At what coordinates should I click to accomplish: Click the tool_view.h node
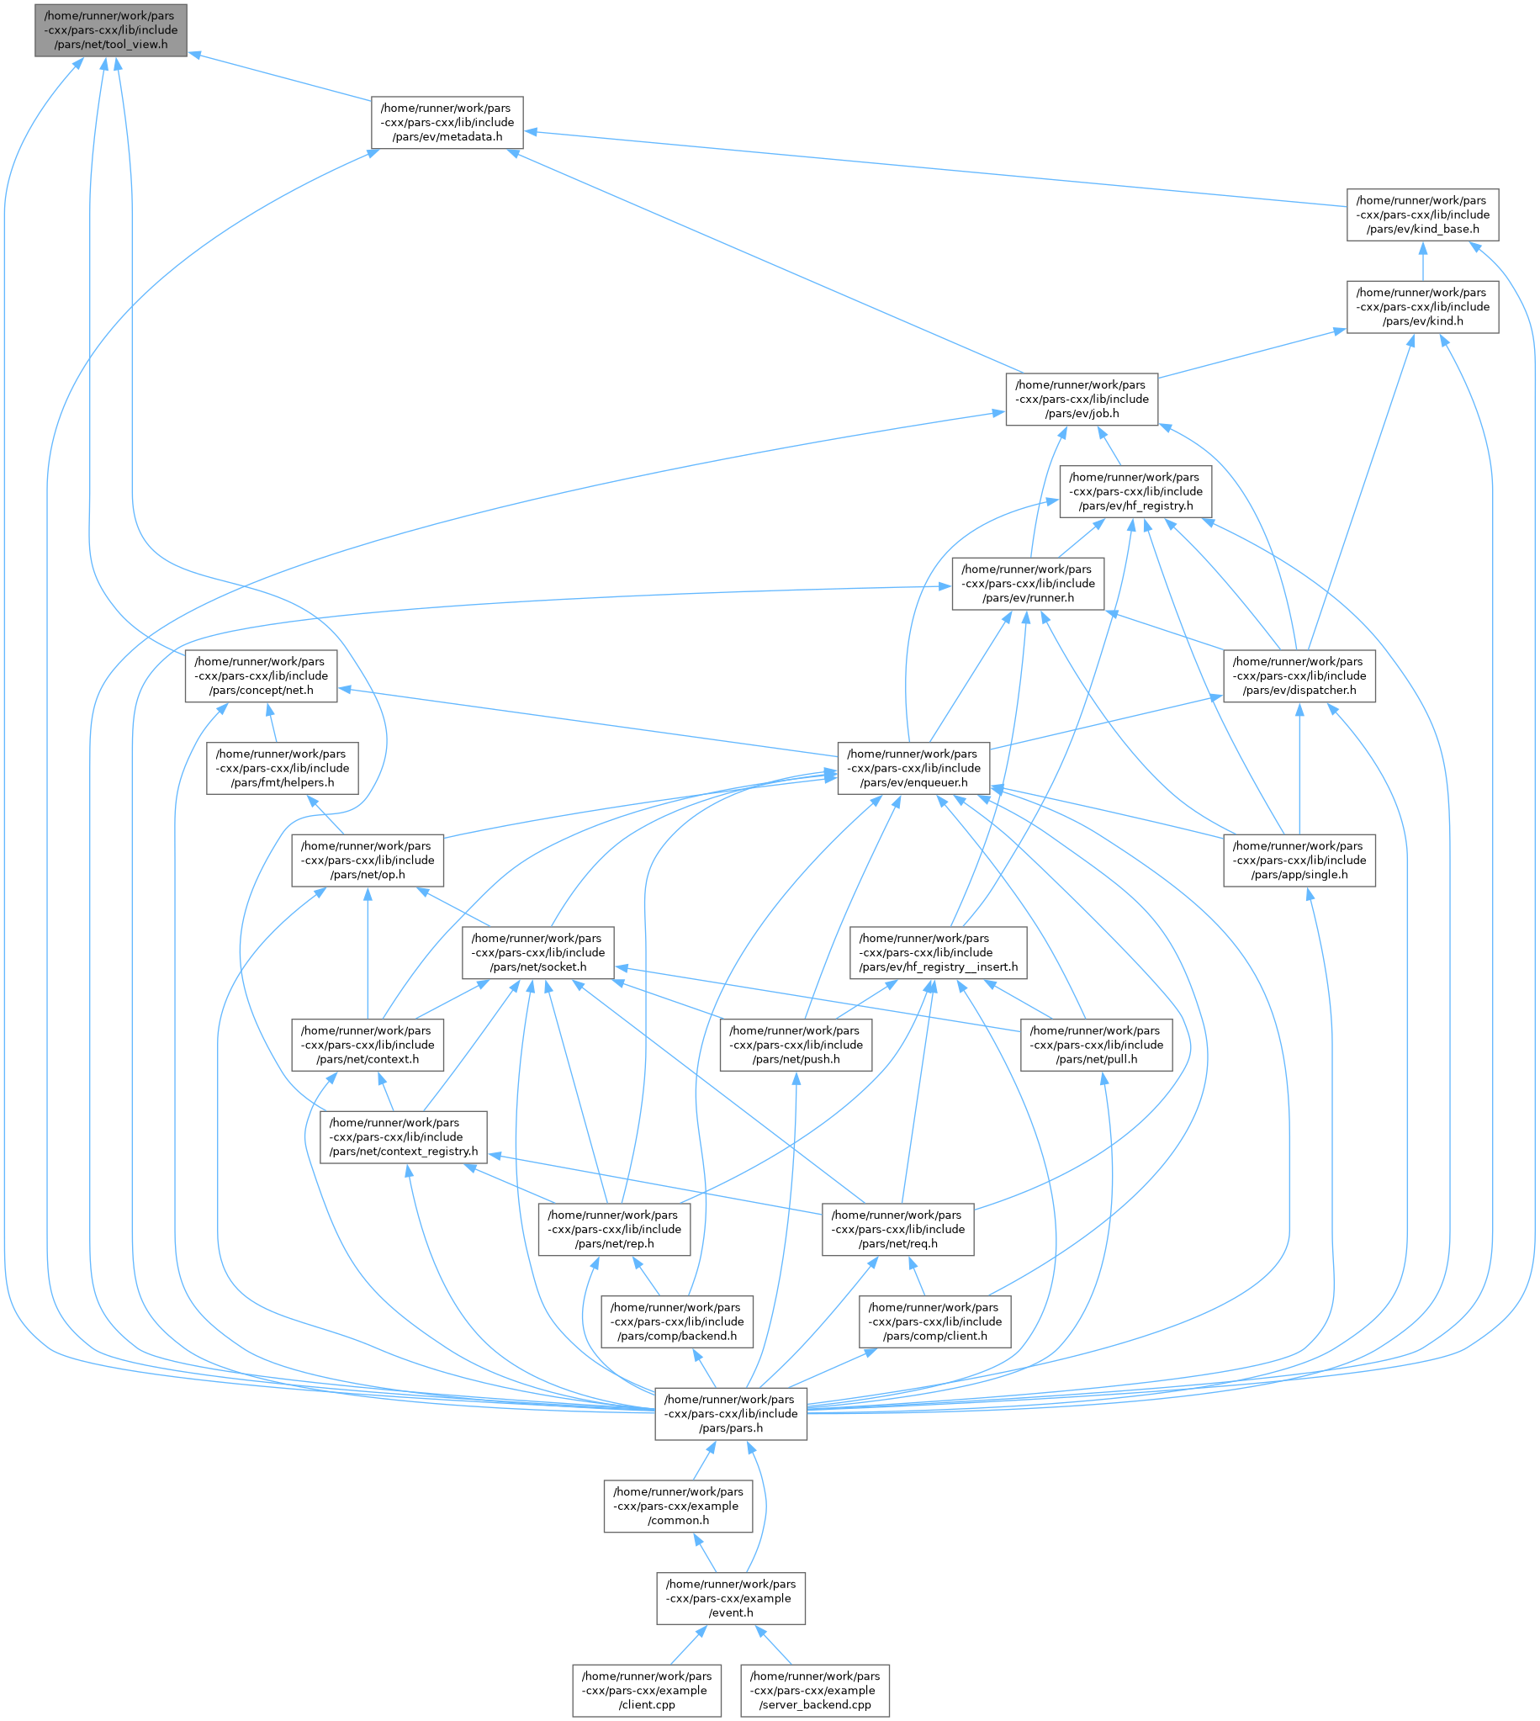[110, 30]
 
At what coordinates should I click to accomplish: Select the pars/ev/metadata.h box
[447, 123]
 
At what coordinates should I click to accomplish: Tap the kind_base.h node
[1421, 214]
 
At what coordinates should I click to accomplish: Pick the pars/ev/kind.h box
[1421, 307]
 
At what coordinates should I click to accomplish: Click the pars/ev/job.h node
[1081, 400]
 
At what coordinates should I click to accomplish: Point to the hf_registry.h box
[1135, 491]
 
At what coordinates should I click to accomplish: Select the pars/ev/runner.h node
[1027, 584]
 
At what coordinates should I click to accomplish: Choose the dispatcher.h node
[1299, 676]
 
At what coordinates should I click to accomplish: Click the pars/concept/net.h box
[261, 676]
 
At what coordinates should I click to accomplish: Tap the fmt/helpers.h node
[282, 768]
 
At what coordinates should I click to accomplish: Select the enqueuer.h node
[913, 768]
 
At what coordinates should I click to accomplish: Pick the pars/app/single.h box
[1299, 860]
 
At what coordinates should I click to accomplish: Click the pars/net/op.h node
[367, 860]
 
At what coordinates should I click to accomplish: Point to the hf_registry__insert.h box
[938, 953]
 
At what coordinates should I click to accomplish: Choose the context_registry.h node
[403, 1137]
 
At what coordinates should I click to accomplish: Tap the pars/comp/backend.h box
[676, 1321]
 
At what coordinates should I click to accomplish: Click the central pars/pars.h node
[730, 1414]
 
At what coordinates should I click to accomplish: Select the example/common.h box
[678, 1507]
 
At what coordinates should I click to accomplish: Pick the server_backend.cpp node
[814, 1691]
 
